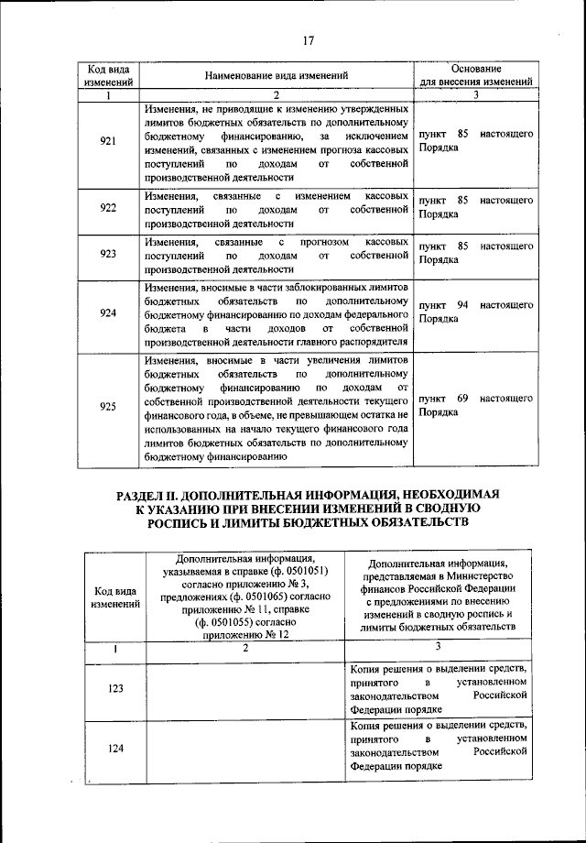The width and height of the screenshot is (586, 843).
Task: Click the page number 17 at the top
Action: point(308,39)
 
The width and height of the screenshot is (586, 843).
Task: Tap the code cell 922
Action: point(107,209)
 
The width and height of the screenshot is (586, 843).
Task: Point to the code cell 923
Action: point(107,254)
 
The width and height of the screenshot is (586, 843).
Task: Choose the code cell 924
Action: point(107,312)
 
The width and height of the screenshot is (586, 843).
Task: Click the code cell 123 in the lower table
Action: point(115,688)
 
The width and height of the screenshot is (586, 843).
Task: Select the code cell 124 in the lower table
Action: point(115,747)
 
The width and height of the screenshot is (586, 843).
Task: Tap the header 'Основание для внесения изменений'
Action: point(475,76)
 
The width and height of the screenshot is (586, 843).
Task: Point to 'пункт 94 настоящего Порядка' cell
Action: point(475,312)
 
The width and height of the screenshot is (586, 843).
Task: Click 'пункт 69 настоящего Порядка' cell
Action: point(475,405)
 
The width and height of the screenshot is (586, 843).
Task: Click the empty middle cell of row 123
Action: point(245,688)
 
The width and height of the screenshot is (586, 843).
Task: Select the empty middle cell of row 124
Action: point(245,747)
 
